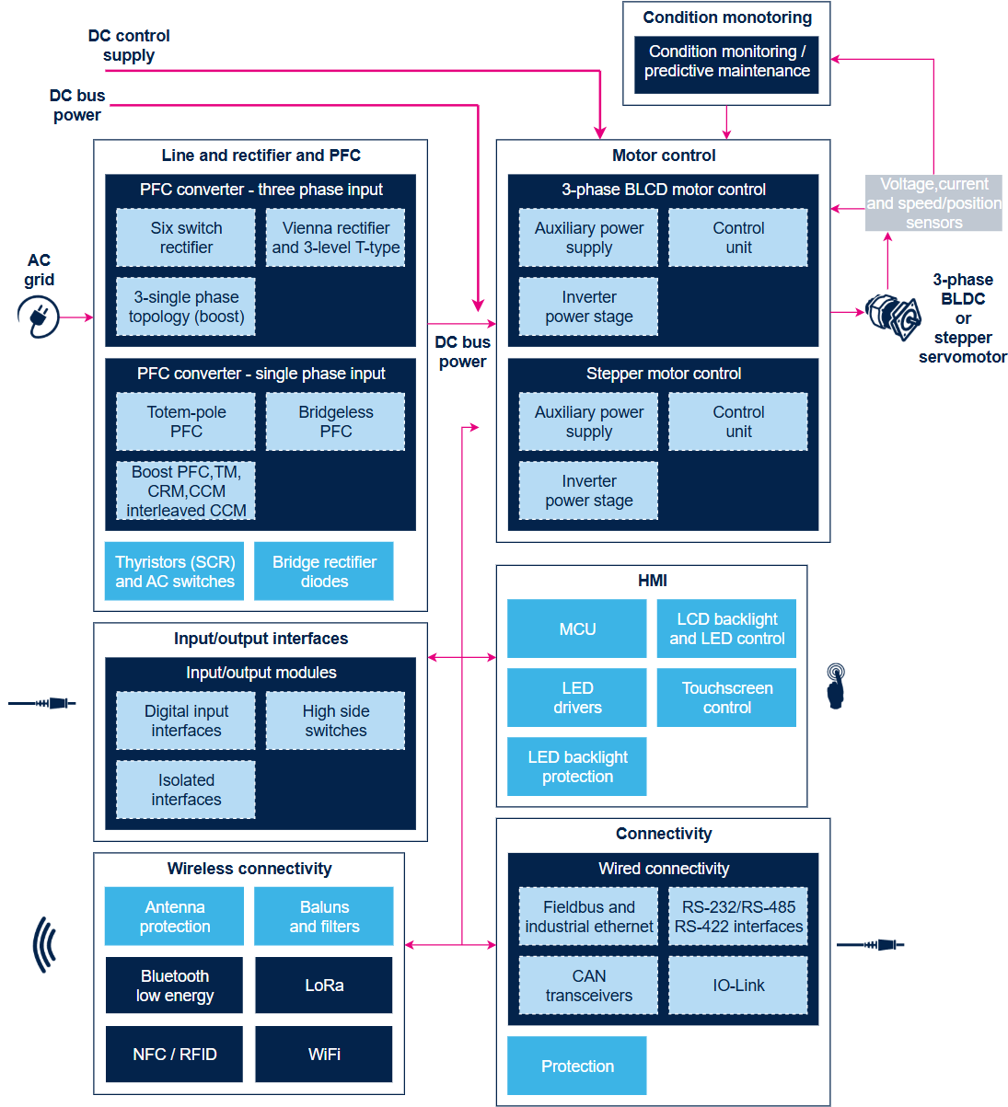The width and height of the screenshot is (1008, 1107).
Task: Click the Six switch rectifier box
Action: (185, 237)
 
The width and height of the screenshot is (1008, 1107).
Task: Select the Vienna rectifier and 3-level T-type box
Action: (335, 237)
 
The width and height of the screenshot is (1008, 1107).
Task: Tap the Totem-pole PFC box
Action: (185, 421)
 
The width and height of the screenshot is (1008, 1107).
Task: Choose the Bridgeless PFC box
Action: (335, 421)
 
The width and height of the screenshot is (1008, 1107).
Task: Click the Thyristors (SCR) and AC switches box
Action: (174, 571)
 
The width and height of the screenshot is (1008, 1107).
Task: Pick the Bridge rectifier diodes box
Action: (324, 571)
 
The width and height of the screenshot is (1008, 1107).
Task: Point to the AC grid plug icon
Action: (38, 317)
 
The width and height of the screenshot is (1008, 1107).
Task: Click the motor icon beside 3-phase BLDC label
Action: (893, 317)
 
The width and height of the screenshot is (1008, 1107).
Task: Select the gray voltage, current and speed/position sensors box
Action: (933, 202)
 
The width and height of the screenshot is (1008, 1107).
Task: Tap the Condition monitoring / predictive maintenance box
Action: (726, 64)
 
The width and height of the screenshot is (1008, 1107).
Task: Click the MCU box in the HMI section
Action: (577, 628)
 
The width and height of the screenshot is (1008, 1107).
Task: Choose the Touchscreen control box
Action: (726, 698)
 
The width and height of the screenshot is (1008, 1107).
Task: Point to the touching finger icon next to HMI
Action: (836, 686)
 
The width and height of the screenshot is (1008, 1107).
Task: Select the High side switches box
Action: (335, 721)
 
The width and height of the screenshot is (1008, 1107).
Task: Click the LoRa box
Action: (324, 985)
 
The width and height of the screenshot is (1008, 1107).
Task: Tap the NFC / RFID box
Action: (174, 1054)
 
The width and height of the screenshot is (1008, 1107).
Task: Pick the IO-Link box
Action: (738, 985)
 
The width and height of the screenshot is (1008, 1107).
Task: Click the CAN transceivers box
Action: (588, 985)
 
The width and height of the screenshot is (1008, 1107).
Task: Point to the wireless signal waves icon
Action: (44, 944)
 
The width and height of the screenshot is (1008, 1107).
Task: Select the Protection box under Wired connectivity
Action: (577, 1066)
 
